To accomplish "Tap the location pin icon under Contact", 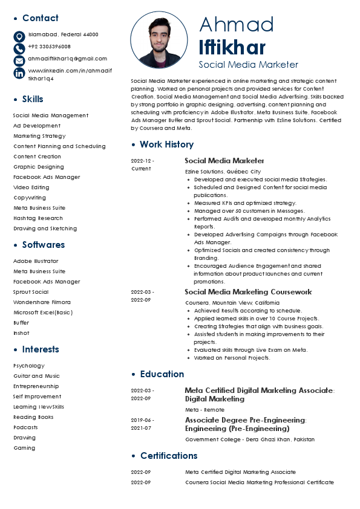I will (x=19, y=36).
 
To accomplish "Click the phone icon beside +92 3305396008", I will (x=19, y=48).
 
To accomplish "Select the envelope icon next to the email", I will (x=19, y=60).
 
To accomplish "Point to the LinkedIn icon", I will (x=19, y=73).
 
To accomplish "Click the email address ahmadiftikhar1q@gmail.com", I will (x=68, y=59).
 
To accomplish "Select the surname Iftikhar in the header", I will (x=232, y=47).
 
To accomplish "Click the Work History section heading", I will (x=166, y=144).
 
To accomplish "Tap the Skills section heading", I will (x=33, y=99).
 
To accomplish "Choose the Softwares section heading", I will (x=44, y=245).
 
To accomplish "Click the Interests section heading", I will (x=41, y=349).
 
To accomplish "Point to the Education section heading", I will (x=162, y=374).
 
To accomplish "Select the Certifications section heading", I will (x=169, y=456).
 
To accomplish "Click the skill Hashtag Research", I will (x=38, y=218).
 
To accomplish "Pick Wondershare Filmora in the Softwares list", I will (x=42, y=302).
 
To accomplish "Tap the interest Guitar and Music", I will (x=36, y=376).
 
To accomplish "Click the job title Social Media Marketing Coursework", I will (x=248, y=292).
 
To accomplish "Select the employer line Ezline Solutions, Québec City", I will (x=223, y=172).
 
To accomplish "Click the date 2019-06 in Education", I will (x=142, y=420).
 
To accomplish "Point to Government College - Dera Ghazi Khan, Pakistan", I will (x=250, y=439).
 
